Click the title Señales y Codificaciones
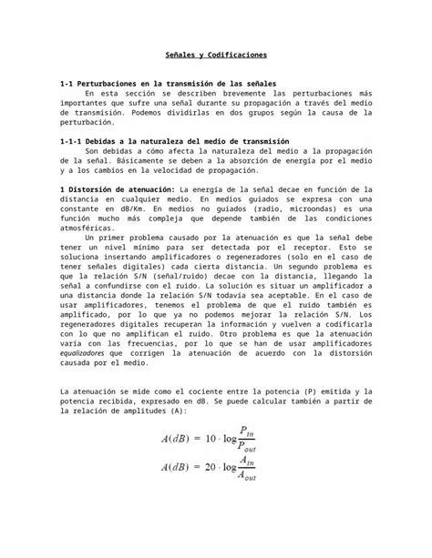216,56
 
